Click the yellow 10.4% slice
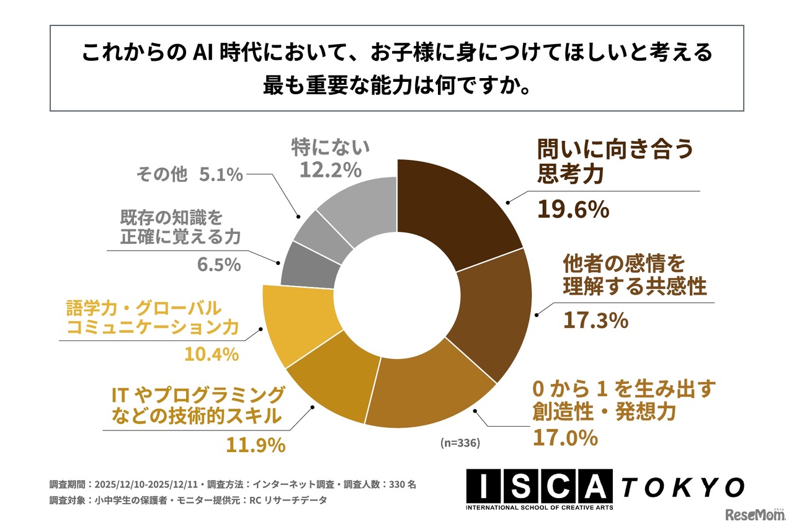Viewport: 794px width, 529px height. pos(292,322)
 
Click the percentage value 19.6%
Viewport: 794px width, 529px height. pos(573,210)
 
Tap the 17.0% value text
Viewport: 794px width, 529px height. pos(565,438)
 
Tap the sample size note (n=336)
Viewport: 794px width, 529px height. pos(460,443)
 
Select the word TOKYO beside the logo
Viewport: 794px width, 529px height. pos(682,487)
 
